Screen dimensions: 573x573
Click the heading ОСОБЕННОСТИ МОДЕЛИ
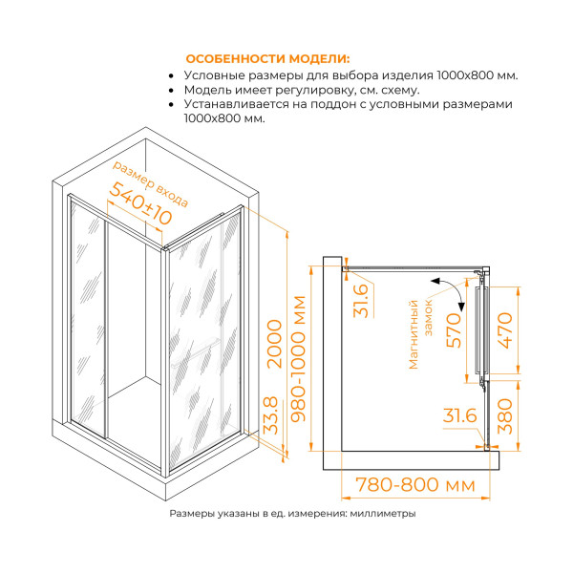[x=268, y=57]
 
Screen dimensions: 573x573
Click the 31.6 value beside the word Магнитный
[x=360, y=302]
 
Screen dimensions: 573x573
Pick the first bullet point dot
[x=170, y=74]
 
